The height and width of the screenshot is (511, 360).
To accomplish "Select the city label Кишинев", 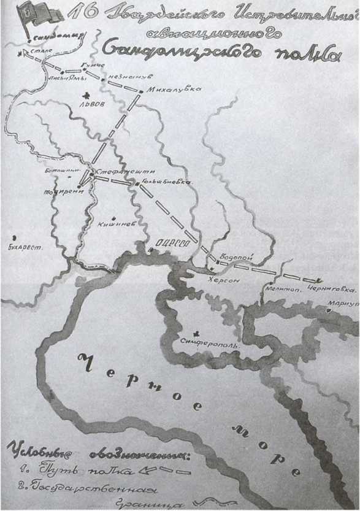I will point(116,225).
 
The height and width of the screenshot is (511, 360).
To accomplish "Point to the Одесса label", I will point(173,244).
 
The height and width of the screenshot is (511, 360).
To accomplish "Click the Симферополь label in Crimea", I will point(211,339).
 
